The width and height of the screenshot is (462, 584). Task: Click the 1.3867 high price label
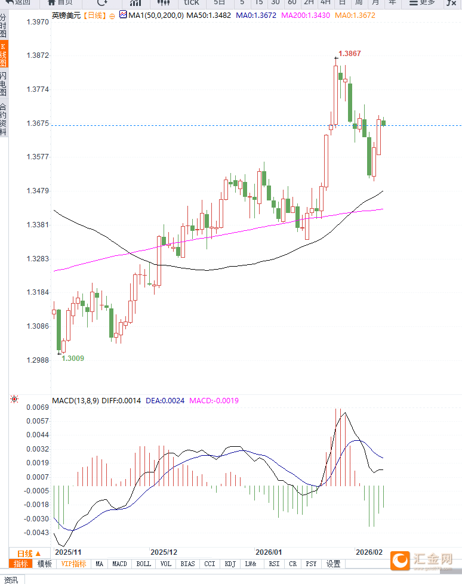[x=349, y=54]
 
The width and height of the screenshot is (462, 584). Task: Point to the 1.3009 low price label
[x=73, y=359]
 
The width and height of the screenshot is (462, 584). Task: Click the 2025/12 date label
[x=164, y=552]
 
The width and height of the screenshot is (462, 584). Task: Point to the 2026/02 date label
[x=368, y=552]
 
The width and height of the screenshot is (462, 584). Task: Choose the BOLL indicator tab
[x=143, y=564]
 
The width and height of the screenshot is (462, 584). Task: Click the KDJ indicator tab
[x=230, y=564]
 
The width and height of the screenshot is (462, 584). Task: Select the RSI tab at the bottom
[x=274, y=564]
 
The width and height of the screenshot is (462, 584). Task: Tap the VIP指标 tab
[x=74, y=564]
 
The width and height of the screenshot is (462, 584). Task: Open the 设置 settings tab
[x=333, y=564]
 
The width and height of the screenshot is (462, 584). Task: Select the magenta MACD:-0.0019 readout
[x=214, y=401]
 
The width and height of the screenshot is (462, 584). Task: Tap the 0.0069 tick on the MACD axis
[x=37, y=407]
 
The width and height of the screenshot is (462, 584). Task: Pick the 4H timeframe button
[x=325, y=2]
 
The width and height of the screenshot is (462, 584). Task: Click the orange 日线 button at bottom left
[x=29, y=554]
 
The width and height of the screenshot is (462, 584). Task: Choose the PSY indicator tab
[x=311, y=564]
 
